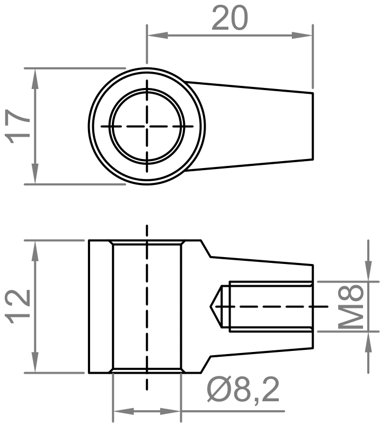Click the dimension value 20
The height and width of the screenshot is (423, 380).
[x=229, y=19]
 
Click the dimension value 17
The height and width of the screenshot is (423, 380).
[x=19, y=126]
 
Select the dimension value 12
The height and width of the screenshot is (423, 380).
[x=19, y=306]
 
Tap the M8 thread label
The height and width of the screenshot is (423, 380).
[x=350, y=306]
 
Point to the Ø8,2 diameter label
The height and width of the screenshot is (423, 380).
[x=243, y=391]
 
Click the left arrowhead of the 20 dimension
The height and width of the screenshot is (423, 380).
[x=157, y=35]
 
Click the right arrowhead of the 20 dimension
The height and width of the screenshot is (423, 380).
[x=302, y=35]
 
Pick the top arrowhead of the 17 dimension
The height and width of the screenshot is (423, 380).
[x=35, y=79]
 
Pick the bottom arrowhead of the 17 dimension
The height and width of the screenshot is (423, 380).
[x=35, y=173]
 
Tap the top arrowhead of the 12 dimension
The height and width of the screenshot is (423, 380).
[x=35, y=251]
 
